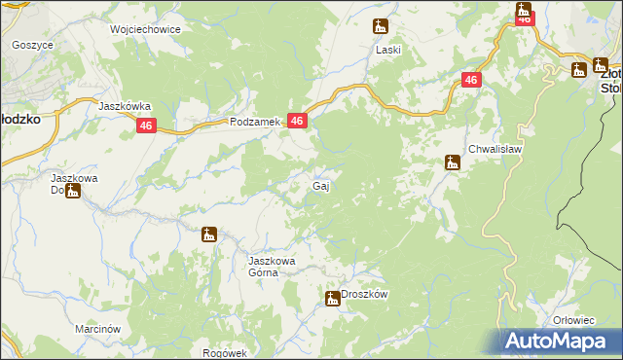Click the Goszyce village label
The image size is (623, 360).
[32, 45]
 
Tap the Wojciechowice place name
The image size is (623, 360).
[146, 29]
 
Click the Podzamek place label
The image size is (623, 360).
[255, 122]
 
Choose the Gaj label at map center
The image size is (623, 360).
[319, 185]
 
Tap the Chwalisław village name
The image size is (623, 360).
[496, 149]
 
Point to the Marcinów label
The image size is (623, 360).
[97, 329]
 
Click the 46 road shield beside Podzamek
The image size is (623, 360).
[298, 121]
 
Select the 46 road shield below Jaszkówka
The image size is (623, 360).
[147, 126]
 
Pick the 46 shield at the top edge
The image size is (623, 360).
[525, 17]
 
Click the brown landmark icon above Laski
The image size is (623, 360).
[381, 27]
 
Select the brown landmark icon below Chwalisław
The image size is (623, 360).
[453, 162]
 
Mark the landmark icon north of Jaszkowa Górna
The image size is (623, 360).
[207, 234]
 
